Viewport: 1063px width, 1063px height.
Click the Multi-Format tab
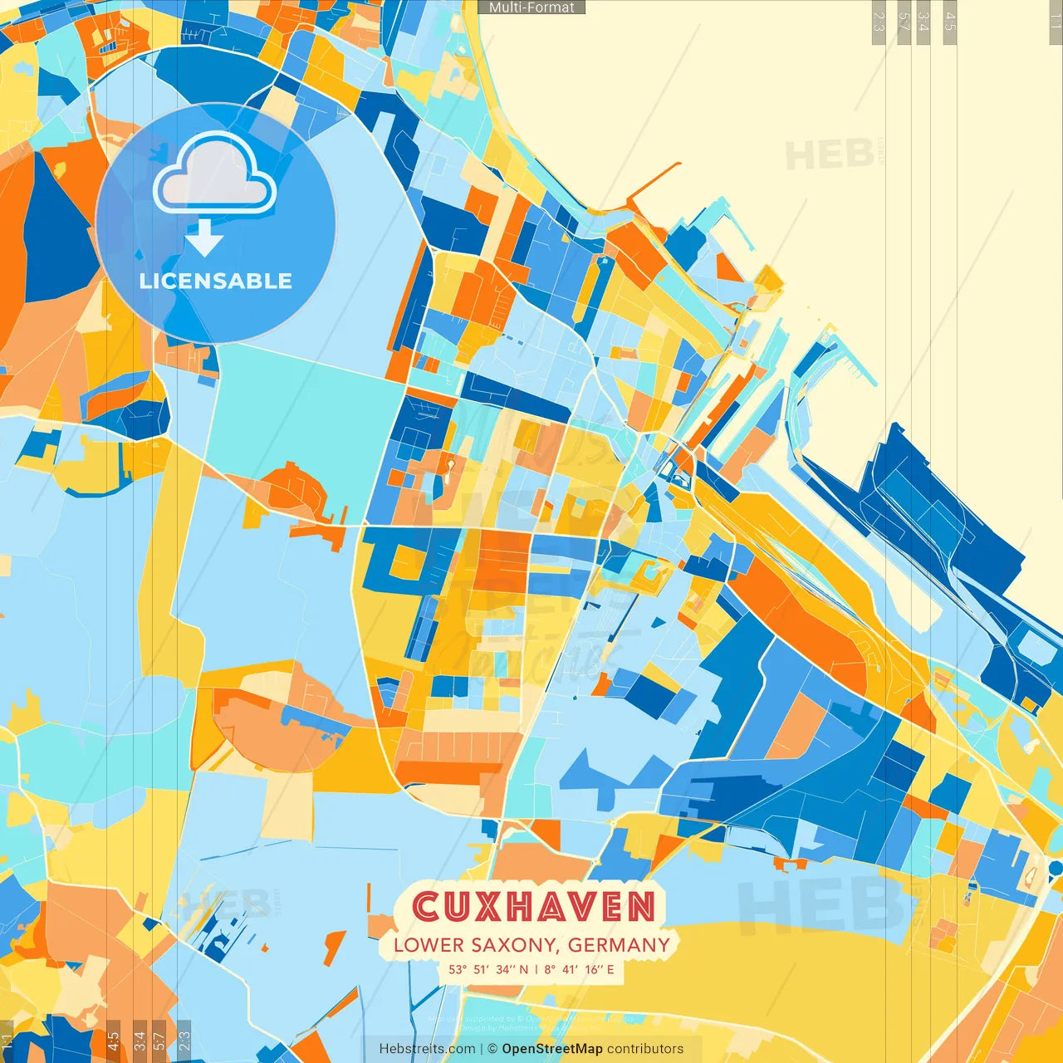pyautogui.click(x=531, y=7)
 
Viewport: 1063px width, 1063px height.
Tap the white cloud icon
pyautogui.click(x=214, y=174)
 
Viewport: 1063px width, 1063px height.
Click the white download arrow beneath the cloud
pyautogui.click(x=203, y=239)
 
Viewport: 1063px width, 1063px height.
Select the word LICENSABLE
pyautogui.click(x=216, y=281)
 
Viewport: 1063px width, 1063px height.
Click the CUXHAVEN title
pyautogui.click(x=534, y=907)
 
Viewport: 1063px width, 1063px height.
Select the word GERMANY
pyautogui.click(x=619, y=945)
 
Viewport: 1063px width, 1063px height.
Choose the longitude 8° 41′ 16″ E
pyautogui.click(x=580, y=969)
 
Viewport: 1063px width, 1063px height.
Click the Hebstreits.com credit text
pyautogui.click(x=428, y=1049)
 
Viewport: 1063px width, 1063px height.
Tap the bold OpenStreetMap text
pyautogui.click(x=552, y=1049)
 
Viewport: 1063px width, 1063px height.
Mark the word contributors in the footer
pyautogui.click(x=645, y=1049)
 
